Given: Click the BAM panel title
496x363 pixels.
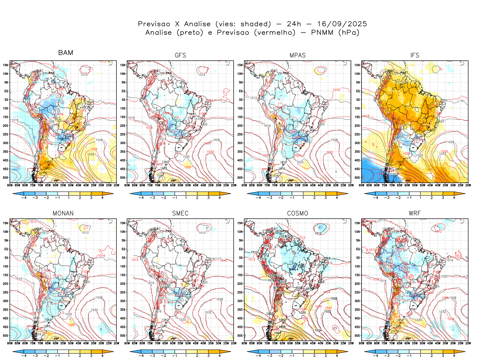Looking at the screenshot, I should [x=66, y=53].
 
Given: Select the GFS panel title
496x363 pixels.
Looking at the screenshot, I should [x=180, y=55].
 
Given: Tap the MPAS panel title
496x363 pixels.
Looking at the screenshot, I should [x=297, y=55].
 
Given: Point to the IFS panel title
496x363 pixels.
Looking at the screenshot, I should [x=415, y=55].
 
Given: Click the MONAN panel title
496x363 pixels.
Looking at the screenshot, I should [x=63, y=213].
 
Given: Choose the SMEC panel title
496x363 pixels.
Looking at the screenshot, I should [x=180, y=213].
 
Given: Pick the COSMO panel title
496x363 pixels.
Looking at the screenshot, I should [x=297, y=213].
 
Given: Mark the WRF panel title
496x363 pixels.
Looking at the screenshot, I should [x=415, y=213].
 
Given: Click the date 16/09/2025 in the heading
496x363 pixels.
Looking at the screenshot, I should [x=342, y=24].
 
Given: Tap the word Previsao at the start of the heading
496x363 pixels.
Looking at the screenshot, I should [x=154, y=24].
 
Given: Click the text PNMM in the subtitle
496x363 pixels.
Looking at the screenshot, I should [x=322, y=33].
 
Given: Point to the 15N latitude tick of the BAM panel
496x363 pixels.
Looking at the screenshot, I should [x=6, y=65].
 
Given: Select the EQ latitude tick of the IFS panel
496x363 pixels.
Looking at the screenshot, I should [x=358, y=91].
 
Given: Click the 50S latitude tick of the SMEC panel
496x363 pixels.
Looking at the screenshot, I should [x=123, y=336].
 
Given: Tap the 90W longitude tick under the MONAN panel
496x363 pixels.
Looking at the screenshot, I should [x=10, y=343].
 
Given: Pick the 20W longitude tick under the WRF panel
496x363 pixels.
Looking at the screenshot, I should [x=468, y=343].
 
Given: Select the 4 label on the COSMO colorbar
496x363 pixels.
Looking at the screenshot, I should [x=337, y=356].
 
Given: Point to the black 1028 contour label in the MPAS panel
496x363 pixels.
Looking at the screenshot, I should [x=334, y=140].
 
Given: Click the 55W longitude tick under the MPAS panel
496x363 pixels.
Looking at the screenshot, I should [x=297, y=185].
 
